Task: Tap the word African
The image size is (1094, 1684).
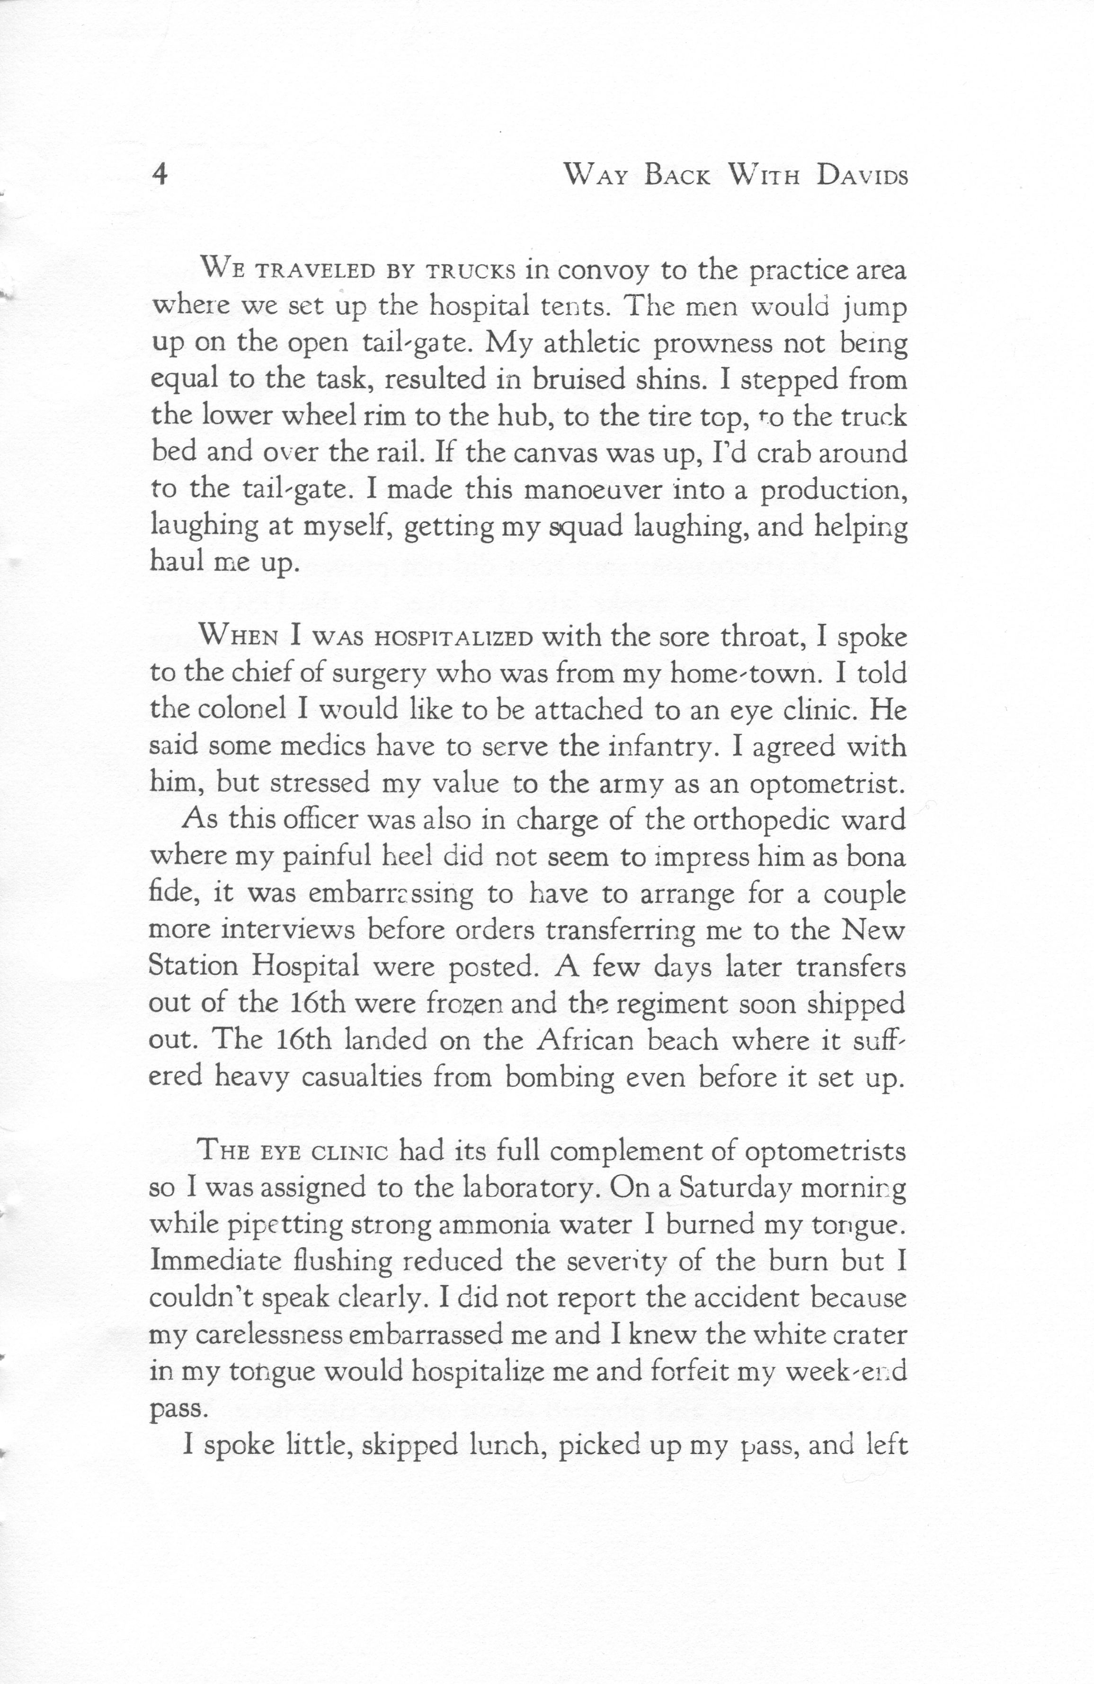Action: click(x=587, y=1039)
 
